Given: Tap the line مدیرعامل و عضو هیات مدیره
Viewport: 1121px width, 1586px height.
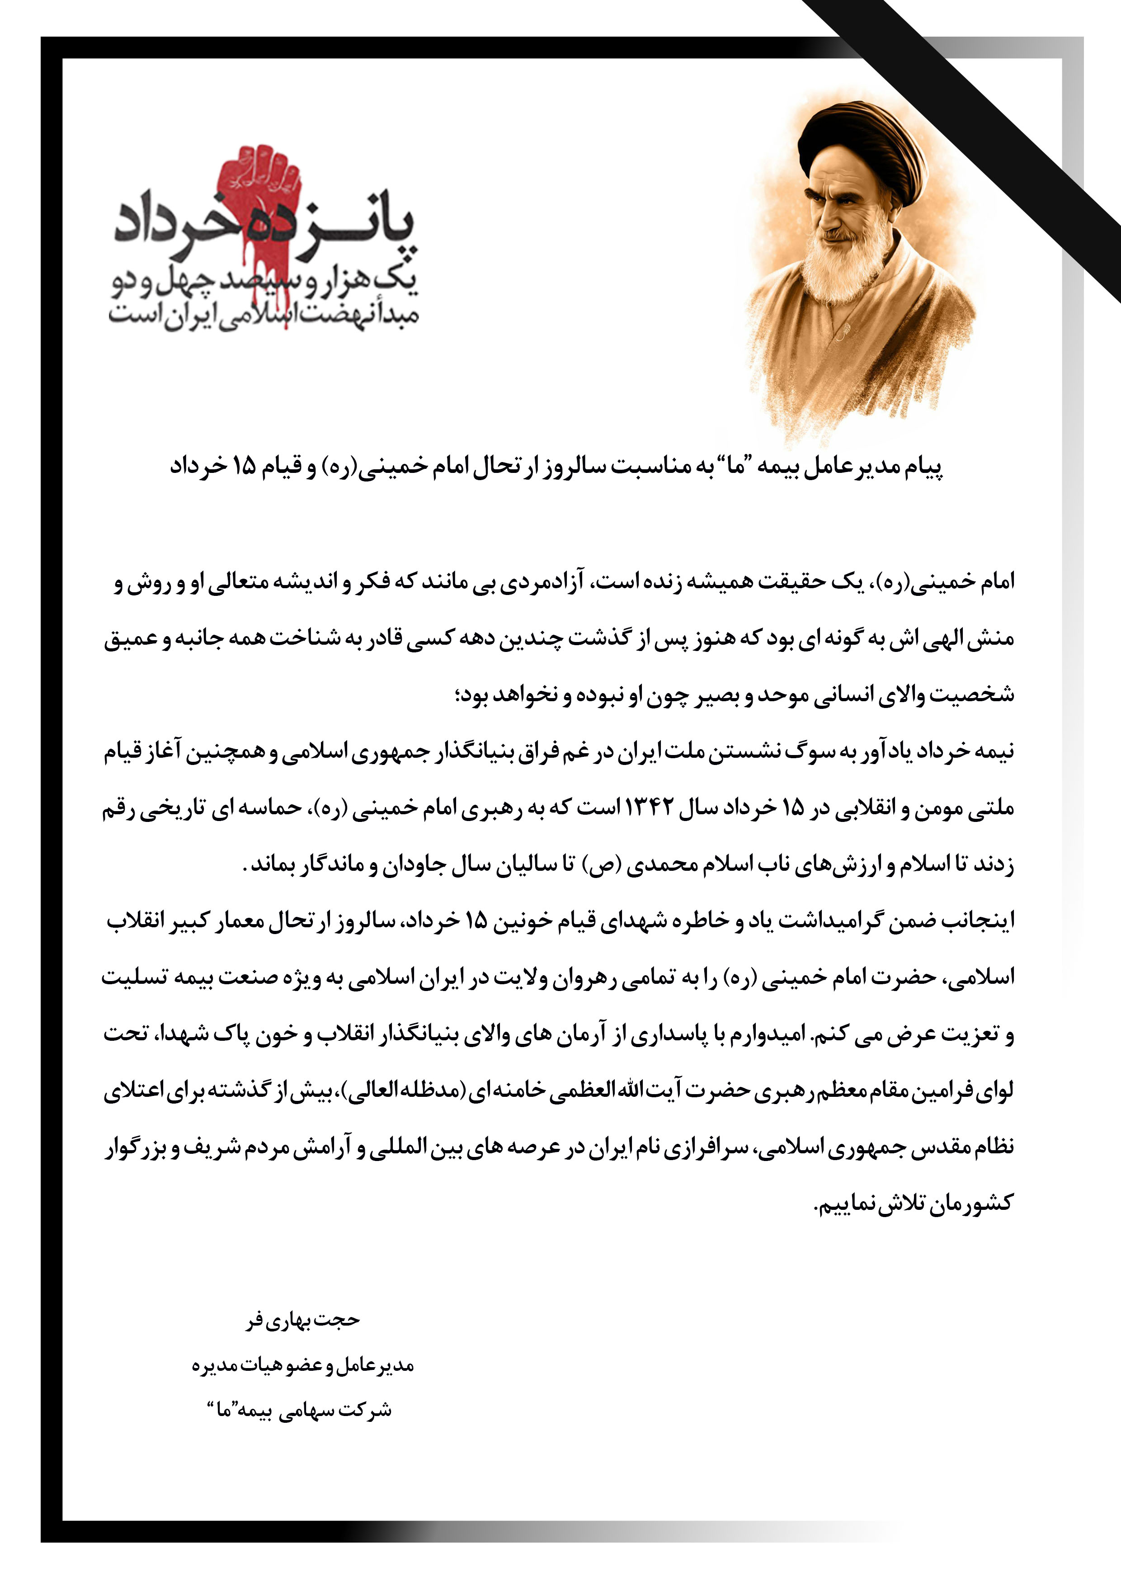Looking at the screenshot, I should click(x=302, y=1366).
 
